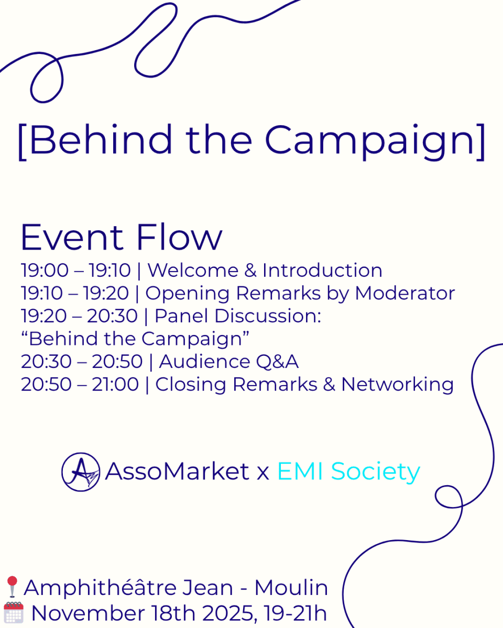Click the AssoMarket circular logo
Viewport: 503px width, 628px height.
[81, 472]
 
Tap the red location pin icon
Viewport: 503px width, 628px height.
[12, 587]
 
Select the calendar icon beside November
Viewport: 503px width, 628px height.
[14, 612]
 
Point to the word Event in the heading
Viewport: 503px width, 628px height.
[72, 237]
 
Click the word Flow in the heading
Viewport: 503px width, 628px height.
[179, 237]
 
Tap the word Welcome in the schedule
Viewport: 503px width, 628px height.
[193, 270]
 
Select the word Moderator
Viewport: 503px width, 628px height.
[405, 293]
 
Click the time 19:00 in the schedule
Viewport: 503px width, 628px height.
[45, 270]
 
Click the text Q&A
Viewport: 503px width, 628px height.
[277, 362]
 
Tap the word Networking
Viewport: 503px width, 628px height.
[398, 385]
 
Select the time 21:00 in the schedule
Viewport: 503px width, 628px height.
[115, 384]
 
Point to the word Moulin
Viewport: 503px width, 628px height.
[291, 588]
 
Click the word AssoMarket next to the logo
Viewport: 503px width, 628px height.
[177, 472]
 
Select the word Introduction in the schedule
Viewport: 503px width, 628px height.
[322, 270]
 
